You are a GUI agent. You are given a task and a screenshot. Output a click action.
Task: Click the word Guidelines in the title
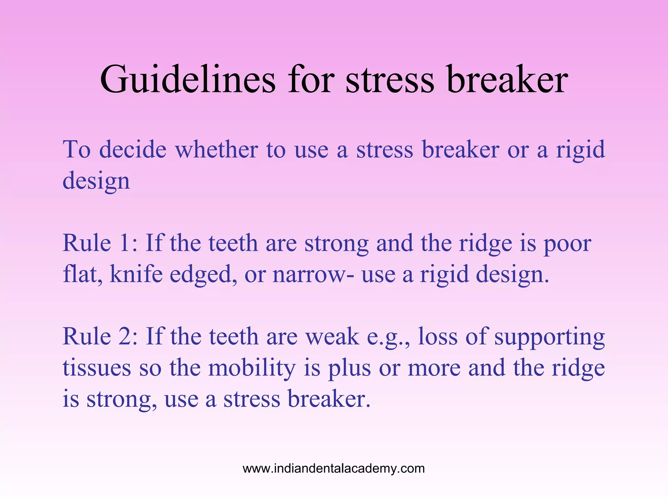coord(188,80)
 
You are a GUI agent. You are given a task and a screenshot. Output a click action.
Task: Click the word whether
coord(217,150)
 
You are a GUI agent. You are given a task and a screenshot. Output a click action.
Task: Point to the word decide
coord(133,150)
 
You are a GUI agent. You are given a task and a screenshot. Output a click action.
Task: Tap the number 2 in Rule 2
coord(127,337)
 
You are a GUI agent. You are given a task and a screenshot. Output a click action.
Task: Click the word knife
coord(136,274)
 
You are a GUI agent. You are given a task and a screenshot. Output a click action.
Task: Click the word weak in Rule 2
coord(332,337)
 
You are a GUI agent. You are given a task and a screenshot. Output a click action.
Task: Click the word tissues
coord(97,368)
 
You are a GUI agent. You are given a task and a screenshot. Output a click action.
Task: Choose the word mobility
coord(252,368)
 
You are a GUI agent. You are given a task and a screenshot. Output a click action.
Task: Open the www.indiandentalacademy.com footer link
coord(334,469)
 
